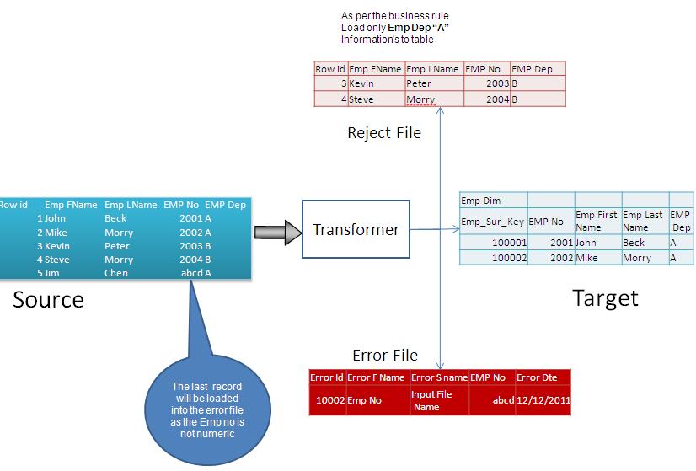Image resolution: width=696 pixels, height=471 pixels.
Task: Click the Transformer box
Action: [x=356, y=230]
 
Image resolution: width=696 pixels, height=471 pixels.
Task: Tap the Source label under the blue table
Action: [x=48, y=299]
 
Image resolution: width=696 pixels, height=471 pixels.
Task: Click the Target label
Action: [x=605, y=297]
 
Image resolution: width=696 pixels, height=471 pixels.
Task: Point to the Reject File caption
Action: [x=383, y=132]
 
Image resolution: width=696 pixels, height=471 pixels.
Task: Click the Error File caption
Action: [x=384, y=355]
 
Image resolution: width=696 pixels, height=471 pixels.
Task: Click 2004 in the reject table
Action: [x=495, y=99]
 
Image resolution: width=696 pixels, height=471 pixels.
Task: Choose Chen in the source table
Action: [x=116, y=273]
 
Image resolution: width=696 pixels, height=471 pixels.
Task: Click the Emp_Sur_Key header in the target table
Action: [x=493, y=222]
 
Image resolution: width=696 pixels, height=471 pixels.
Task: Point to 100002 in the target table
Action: [x=508, y=258]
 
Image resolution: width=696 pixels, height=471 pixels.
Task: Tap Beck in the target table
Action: [x=634, y=243]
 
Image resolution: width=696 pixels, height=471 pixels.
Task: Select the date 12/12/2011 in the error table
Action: [x=543, y=400]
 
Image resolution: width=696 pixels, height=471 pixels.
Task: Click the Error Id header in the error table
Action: [x=327, y=377]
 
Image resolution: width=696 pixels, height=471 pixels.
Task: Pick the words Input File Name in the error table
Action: [x=431, y=400]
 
